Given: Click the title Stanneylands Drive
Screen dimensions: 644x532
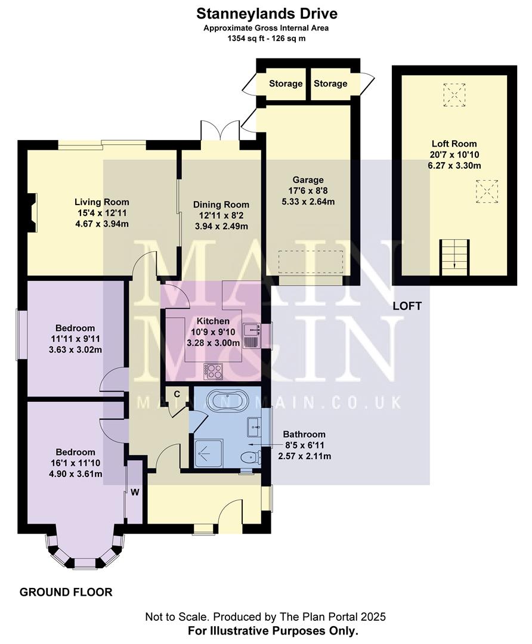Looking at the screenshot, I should pos(266,13).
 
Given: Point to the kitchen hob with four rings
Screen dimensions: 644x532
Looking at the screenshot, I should pos(213,371).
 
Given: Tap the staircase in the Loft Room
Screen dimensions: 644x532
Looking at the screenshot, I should pos(454,256).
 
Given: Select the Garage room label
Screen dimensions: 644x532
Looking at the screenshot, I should pos(308,180).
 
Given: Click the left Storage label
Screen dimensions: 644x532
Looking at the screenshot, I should pos(286,83).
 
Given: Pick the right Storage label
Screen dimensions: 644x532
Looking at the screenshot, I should pos(330,83).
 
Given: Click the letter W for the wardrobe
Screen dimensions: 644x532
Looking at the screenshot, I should pos(135,493).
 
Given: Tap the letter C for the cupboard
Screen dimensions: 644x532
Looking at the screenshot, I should pos(177,394).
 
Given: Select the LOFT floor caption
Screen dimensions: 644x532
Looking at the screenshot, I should pos(407,306).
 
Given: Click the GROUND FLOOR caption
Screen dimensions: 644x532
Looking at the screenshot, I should pos(66,592).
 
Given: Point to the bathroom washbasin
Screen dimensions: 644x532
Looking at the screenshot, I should pos(253,425).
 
